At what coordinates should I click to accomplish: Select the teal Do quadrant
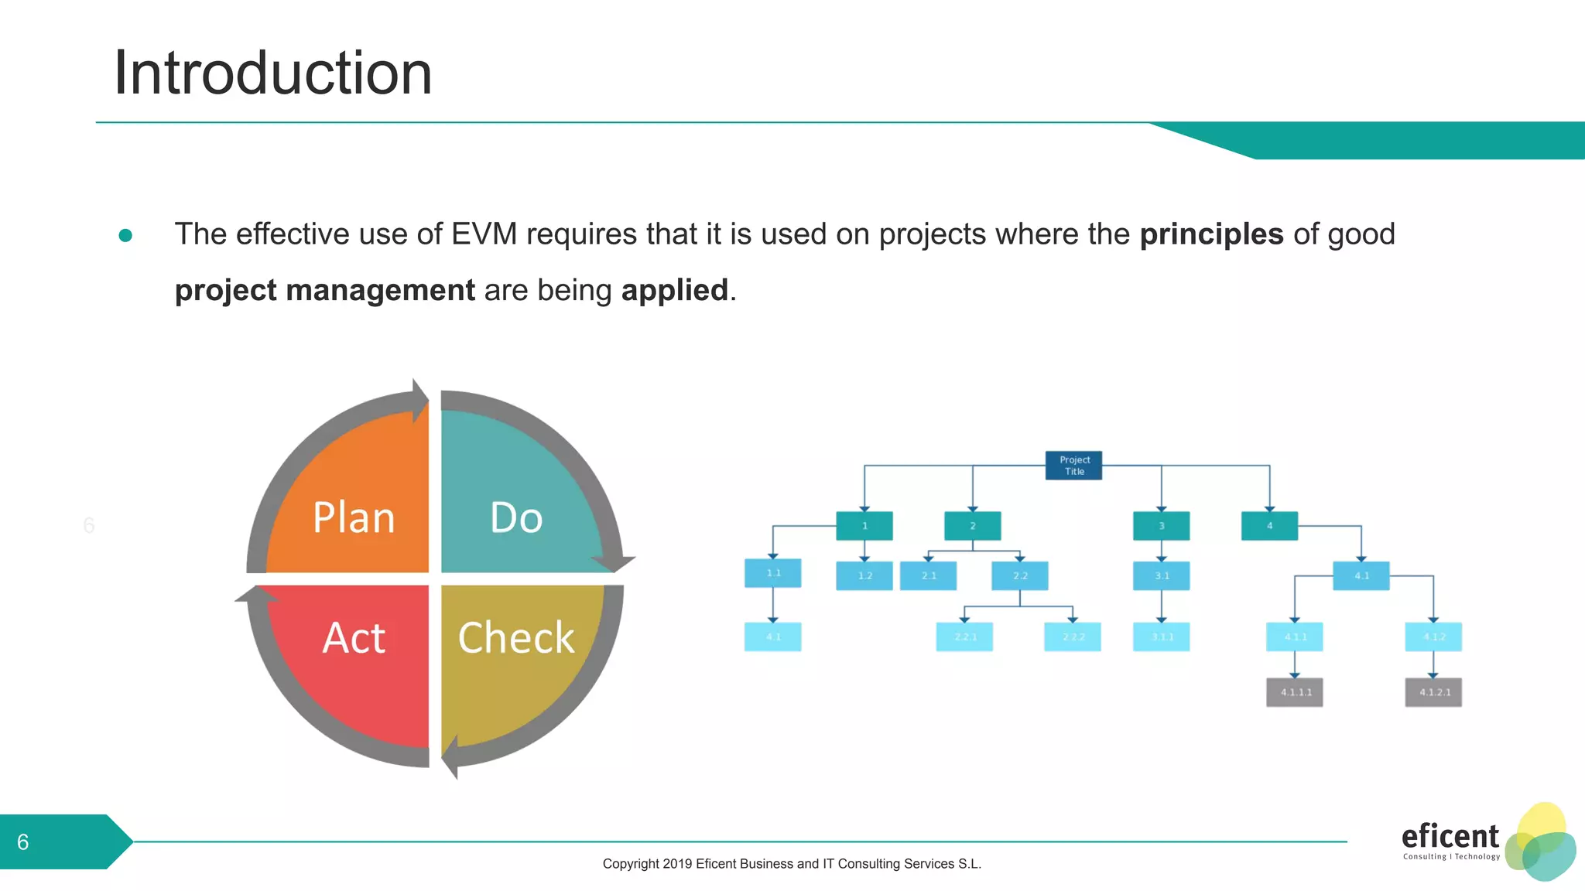pos(516,503)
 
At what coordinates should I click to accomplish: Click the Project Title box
pos(1073,466)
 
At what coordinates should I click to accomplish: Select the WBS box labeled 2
pos(973,526)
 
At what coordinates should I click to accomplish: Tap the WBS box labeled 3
pos(1161,526)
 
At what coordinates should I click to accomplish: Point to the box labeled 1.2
pos(864,575)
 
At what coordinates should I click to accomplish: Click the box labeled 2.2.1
pos(964,637)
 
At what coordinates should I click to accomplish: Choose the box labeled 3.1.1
pos(1161,637)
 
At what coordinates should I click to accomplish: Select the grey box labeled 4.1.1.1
pos(1295,692)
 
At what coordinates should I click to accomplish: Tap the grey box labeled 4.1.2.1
pos(1433,692)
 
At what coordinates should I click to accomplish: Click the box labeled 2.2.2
pos(1073,637)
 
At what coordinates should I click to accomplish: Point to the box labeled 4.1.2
pos(1433,637)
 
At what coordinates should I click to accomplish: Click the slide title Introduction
pos(272,73)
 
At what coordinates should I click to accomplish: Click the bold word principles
pos(1211,234)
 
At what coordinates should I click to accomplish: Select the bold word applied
pos(674,291)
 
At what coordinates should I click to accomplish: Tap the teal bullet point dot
pos(125,235)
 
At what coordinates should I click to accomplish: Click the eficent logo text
pos(1450,837)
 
